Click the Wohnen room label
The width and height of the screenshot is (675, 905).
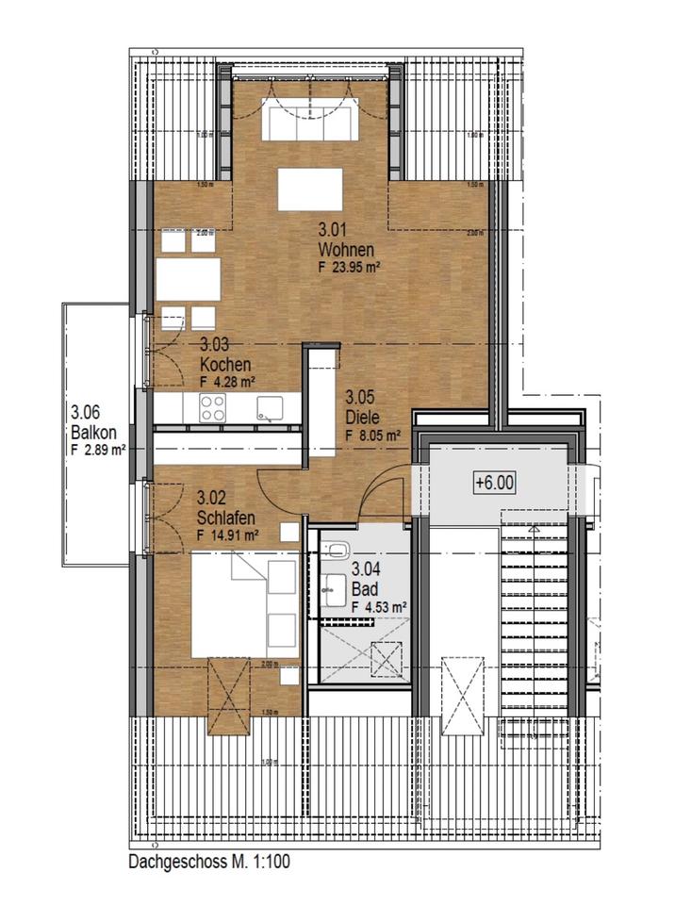pos(347,250)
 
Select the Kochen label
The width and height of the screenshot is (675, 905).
pos(225,365)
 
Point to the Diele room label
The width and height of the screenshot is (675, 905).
pos(361,417)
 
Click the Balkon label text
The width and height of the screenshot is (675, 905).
pos(93,433)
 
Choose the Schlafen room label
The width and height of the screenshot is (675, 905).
pos(227,518)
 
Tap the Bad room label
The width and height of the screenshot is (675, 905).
pos(364,589)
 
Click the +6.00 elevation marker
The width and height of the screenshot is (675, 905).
pos(495,482)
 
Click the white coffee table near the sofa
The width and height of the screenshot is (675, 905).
pos(309,189)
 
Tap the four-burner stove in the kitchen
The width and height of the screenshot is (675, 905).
pos(211,408)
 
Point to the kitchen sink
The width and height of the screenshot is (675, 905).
pos(271,408)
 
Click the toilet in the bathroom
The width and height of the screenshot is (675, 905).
pos(337,551)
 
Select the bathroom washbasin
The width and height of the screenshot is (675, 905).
pos(333,589)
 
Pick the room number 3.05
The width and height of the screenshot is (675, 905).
pos(362,398)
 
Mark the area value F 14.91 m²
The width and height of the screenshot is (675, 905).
pos(228,535)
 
